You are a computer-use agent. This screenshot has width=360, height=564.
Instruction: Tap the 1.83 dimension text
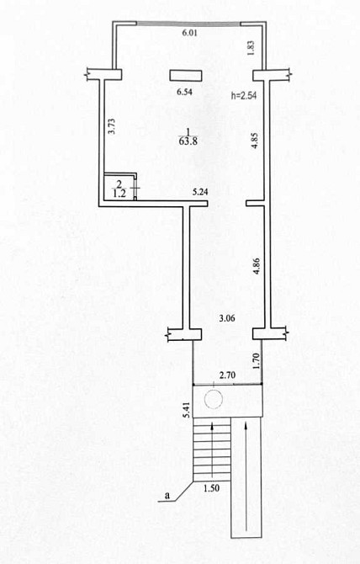[x=251, y=47]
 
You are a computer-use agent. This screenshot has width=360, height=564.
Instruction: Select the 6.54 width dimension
[x=185, y=92]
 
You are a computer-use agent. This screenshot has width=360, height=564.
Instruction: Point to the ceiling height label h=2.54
[x=244, y=96]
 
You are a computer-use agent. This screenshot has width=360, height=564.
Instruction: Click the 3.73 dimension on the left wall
[x=112, y=126]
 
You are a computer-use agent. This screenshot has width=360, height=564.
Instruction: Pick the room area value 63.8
[x=188, y=141]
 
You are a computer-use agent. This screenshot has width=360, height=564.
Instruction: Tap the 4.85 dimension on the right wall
[x=254, y=141]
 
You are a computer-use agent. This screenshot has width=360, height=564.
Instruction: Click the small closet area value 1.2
[x=119, y=194]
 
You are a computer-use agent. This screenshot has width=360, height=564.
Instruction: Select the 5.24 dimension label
[x=200, y=192]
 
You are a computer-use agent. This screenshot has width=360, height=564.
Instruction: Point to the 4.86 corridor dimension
[x=257, y=267]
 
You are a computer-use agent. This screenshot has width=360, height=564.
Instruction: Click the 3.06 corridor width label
[x=227, y=318]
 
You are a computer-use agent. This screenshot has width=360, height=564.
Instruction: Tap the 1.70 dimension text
[x=257, y=361]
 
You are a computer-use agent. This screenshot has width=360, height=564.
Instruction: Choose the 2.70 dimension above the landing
[x=227, y=375]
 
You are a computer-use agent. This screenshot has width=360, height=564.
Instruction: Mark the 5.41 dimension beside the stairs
[x=186, y=410]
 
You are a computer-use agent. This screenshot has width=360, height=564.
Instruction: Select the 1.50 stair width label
[x=212, y=488]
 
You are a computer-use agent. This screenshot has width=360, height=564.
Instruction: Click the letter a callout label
[x=167, y=495]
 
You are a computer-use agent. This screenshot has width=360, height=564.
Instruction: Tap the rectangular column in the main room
[x=186, y=76]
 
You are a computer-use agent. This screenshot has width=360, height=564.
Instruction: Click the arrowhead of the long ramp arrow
[x=246, y=426]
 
